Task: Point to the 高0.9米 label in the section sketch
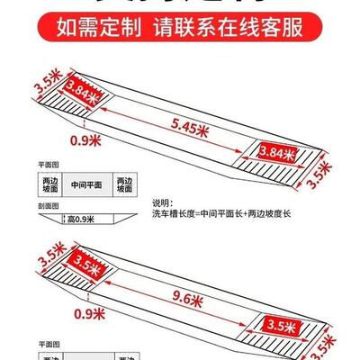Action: tap(83, 218)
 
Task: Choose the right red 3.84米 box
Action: tap(277, 153)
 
